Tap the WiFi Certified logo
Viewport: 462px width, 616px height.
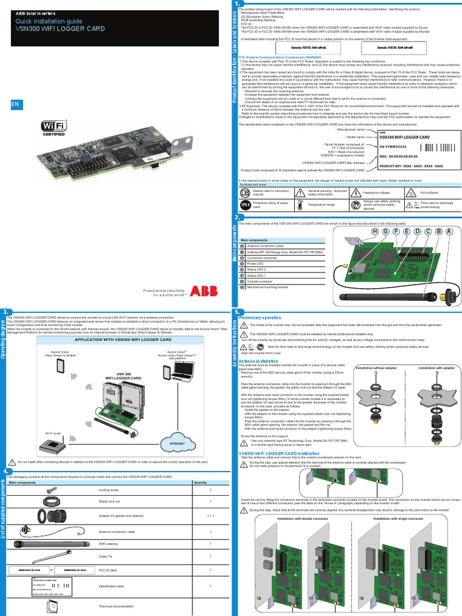click(53, 128)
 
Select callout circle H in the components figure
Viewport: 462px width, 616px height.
click(375, 232)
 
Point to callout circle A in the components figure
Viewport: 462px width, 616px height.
click(449, 232)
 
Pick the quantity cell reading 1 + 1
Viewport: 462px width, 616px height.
click(211, 516)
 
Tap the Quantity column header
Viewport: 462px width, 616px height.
click(200, 482)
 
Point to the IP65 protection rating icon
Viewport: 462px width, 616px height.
click(245, 205)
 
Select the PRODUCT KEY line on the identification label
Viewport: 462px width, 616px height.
click(411, 165)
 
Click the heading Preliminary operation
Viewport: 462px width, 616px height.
click(260, 317)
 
